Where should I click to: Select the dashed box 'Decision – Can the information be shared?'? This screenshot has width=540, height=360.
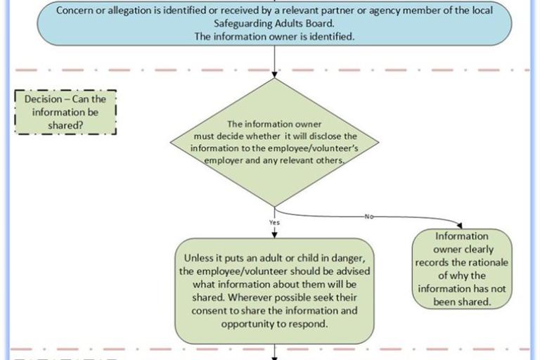[65, 112]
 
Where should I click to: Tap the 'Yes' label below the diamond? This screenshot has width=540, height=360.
[274, 223]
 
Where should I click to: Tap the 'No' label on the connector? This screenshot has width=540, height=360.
[368, 217]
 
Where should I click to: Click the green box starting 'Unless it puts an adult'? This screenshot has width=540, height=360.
[274, 290]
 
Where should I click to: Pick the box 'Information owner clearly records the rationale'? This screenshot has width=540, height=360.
[461, 269]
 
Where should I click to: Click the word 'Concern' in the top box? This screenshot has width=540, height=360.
[75, 11]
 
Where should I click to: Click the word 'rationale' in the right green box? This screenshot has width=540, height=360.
[482, 263]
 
